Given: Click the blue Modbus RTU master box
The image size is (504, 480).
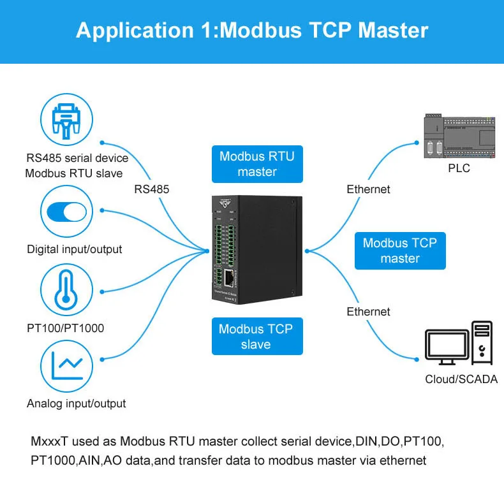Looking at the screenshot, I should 257,164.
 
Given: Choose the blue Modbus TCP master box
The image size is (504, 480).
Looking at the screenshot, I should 400,251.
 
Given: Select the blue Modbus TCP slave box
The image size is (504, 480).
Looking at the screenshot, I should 257,337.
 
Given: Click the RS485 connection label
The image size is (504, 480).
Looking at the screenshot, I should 152,189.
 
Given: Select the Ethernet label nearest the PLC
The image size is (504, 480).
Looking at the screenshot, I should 368,189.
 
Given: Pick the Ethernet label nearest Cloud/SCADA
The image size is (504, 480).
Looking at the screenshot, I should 368,311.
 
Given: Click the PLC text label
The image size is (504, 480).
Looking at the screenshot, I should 459,168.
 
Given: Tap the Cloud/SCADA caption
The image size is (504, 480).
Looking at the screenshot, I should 460,379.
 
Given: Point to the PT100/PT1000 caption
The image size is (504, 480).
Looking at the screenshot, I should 65,328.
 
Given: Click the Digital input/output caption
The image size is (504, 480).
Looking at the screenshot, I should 74,249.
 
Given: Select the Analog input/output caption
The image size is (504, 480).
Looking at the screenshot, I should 76,404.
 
